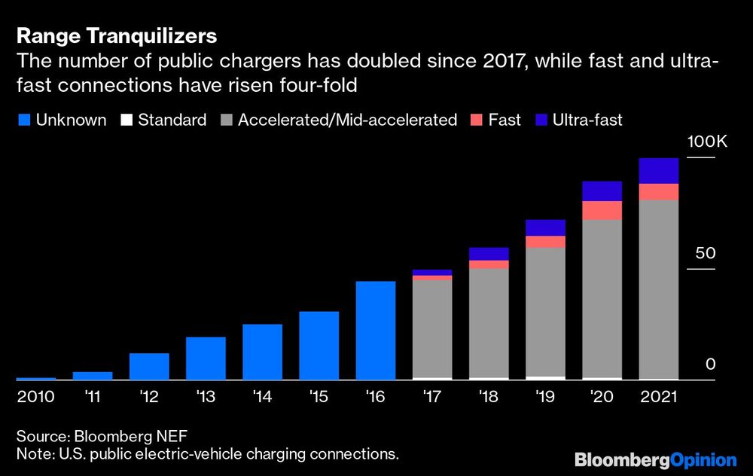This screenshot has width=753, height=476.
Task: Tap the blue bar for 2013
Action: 206,358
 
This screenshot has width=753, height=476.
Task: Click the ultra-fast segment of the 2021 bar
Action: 659,171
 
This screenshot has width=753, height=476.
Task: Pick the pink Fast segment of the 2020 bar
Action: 602,210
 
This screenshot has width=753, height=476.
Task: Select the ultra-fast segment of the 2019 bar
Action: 546,227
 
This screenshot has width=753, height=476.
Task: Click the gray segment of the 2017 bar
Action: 432,328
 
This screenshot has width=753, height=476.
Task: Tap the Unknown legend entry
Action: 62,120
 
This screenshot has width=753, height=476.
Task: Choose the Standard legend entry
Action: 163,120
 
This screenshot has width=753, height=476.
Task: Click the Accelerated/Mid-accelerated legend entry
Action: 339,120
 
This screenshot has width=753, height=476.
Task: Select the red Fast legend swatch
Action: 476,120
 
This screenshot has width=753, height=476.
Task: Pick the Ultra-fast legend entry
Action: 578,120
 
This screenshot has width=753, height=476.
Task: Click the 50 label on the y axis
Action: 704,253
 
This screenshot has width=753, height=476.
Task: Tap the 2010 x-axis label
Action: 35,396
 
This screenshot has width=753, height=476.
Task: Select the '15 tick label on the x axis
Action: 319,396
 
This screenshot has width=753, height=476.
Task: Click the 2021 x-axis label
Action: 659,396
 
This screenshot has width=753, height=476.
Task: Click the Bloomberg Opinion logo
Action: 655,459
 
